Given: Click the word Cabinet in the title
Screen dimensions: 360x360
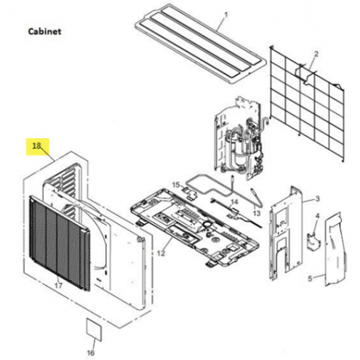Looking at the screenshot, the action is (45, 31).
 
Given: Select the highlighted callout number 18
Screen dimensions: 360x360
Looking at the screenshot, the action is (37, 145).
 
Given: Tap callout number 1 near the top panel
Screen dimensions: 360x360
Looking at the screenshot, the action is (226, 15).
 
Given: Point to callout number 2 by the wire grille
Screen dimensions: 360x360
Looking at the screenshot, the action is (316, 54).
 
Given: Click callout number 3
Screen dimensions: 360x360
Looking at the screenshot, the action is (318, 199).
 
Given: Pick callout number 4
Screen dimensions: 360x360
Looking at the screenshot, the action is (318, 216).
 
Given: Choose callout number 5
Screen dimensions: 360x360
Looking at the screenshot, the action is (310, 278).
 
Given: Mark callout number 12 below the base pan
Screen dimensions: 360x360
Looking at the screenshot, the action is (161, 253).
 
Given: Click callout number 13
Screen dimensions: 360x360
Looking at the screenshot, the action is (256, 213).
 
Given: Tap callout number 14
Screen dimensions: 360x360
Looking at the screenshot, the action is (234, 202).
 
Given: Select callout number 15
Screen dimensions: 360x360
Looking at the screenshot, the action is (176, 185).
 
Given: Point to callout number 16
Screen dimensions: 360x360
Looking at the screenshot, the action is (90, 353).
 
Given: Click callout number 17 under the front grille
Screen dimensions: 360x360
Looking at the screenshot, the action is (58, 285).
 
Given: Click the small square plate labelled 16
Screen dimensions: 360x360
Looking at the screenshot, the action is (94, 329).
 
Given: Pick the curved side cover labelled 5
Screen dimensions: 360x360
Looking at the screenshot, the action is (336, 249).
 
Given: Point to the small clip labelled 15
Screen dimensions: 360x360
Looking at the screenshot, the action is (190, 193).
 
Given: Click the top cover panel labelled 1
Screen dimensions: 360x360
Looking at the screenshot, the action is (200, 44).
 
